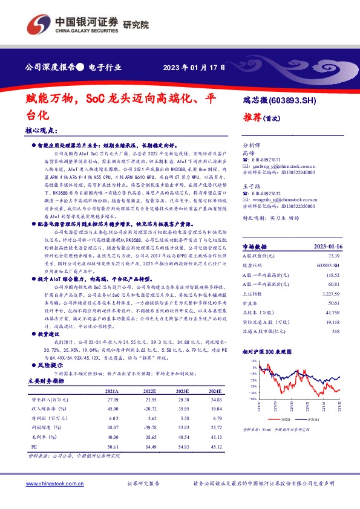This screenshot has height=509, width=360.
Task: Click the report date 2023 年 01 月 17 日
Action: [195, 67]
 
